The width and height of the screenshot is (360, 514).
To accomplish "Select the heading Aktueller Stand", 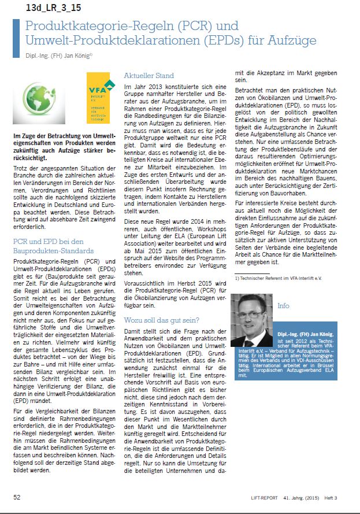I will tap(149, 76).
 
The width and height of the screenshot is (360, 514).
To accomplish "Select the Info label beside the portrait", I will tap(284, 305).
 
